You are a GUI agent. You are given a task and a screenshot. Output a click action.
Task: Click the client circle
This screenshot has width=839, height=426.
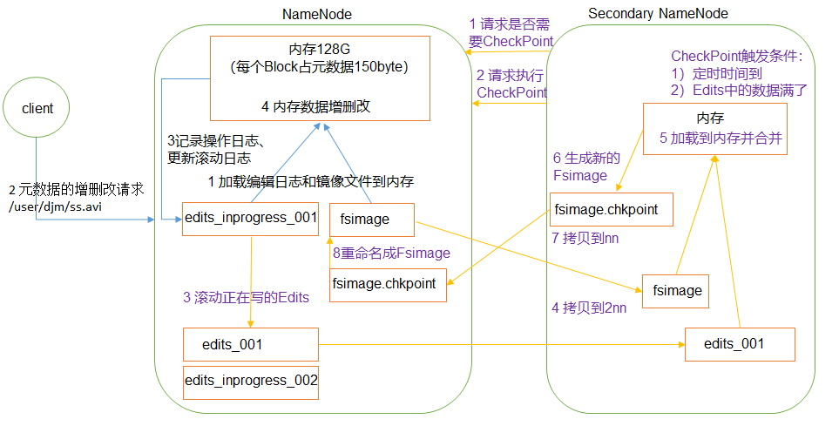pos(37,108)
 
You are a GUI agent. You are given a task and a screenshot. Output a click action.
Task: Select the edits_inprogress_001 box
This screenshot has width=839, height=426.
pos(251,219)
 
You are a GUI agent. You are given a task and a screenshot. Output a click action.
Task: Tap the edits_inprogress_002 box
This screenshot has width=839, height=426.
pos(251,381)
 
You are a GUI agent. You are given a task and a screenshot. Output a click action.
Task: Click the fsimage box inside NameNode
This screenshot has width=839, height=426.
pos(371,220)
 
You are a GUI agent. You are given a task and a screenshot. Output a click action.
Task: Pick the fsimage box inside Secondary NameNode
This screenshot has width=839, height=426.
pos(675,291)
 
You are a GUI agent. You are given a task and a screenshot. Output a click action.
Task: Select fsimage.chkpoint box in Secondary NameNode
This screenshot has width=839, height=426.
pos(612,210)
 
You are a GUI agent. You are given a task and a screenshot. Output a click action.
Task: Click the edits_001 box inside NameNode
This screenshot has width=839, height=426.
pos(251,344)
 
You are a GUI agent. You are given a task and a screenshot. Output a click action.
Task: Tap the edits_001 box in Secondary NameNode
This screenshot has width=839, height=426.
pos(740,344)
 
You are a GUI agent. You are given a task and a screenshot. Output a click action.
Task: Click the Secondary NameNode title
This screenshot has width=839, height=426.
pos(658,14)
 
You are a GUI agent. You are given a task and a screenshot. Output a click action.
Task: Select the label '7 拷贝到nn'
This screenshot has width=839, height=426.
pos(583,238)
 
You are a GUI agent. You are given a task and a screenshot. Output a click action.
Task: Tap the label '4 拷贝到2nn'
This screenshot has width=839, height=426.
pos(590,308)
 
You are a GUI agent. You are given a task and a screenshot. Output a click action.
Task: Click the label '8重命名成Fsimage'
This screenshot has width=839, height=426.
pos(392,253)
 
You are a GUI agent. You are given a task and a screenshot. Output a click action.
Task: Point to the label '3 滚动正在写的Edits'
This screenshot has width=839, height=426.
pos(246,297)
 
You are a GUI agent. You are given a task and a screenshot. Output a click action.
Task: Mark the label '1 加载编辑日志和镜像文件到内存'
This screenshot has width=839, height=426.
pos(310,182)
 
